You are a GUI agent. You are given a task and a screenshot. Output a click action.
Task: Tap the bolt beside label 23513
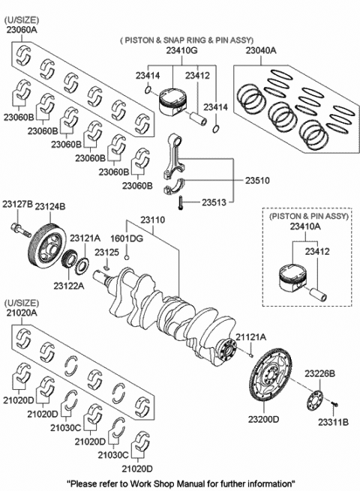click(180, 203)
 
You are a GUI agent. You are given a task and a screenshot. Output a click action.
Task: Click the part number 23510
click(257, 181)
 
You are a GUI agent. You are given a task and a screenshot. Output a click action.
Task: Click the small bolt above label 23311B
click(334, 404)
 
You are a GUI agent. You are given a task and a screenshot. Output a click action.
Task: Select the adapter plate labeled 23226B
click(314, 400)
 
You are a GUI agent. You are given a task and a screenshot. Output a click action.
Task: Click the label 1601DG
click(127, 238)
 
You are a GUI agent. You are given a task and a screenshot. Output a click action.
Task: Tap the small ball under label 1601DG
click(127, 258)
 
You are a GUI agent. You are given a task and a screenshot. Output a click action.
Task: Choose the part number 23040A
click(261, 50)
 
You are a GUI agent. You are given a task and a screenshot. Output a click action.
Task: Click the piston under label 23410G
click(172, 103)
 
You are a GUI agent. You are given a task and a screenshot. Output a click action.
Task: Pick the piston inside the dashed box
click(292, 279)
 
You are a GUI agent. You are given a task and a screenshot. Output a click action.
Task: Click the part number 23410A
click(305, 226)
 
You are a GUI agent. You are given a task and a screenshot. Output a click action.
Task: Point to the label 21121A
click(250, 337)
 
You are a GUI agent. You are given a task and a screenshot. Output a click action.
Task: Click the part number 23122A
click(69, 286)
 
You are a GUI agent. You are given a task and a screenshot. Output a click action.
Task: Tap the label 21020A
click(21, 313)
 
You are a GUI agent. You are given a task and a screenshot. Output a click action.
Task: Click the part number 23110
click(152, 220)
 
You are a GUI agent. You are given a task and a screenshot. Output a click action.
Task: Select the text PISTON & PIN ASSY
click(309, 216)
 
